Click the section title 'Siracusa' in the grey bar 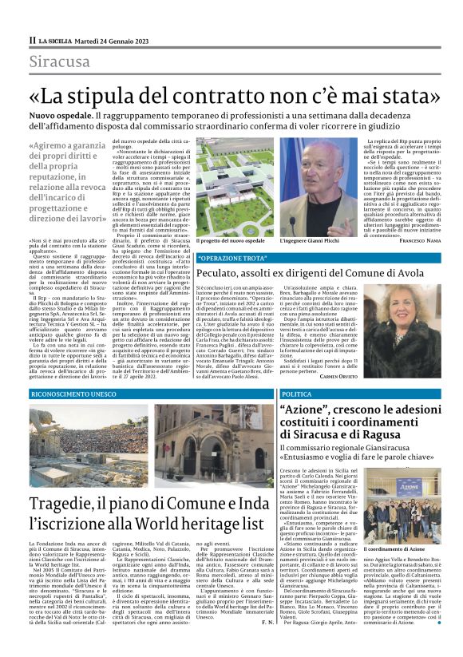coord(60,61)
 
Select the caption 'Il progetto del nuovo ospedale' coord(230,241)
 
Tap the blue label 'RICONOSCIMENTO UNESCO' coord(73,394)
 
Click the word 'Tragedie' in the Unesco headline coord(70,505)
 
